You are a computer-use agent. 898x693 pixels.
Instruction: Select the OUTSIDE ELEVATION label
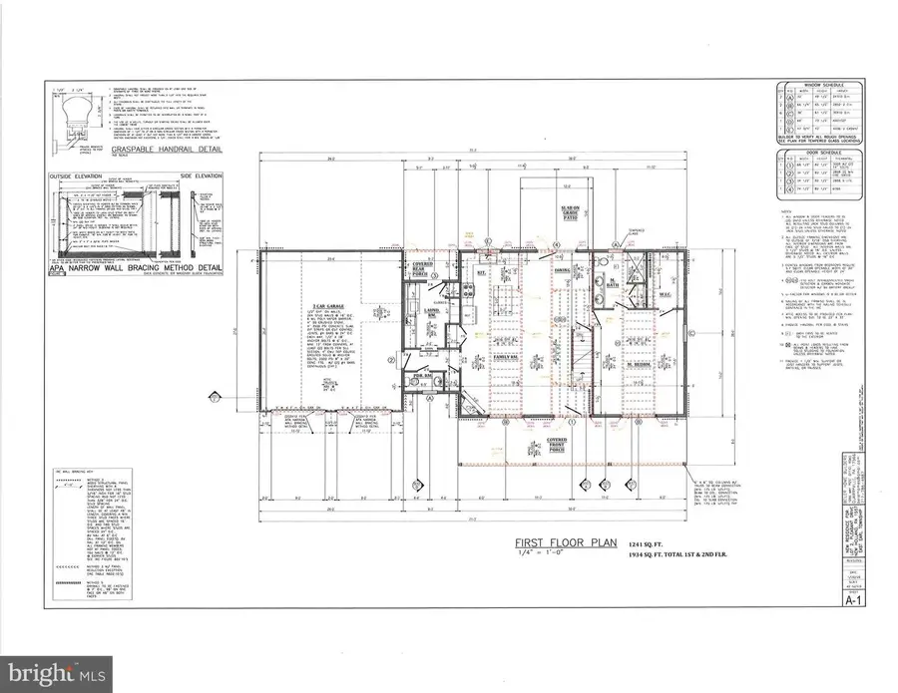[x=79, y=176]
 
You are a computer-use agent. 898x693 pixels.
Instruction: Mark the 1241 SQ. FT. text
[x=649, y=540]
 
